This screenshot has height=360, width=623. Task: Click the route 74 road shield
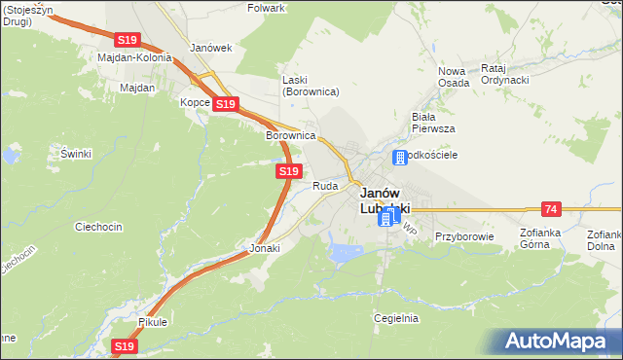[552, 209]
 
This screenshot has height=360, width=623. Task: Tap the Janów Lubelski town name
[385, 200]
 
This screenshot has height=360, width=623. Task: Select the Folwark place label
[267, 8]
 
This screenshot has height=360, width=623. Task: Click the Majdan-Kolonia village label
[134, 57]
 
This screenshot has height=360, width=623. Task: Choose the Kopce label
[195, 102]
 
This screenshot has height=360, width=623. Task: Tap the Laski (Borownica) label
[310, 86]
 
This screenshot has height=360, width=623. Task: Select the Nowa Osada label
[454, 77]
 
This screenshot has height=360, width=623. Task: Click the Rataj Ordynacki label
[504, 75]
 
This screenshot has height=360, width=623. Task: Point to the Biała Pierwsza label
[432, 122]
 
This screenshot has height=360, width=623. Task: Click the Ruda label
[325, 185]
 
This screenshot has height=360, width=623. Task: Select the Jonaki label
[265, 248]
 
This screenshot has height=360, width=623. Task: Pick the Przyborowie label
[464, 236]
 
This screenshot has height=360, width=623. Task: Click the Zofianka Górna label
[549, 239]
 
